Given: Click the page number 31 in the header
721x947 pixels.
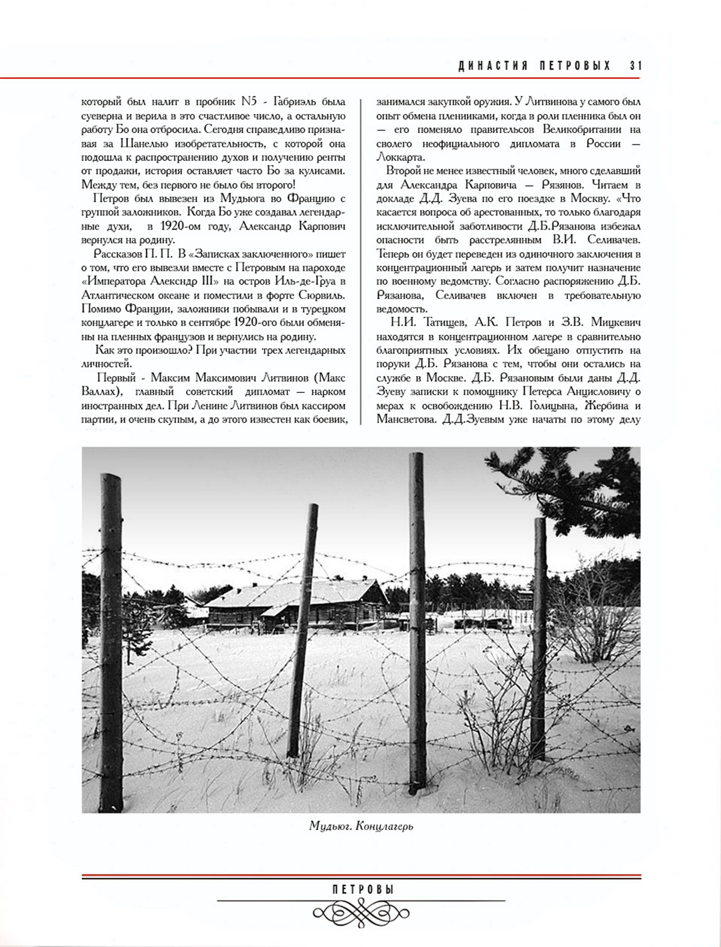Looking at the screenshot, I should coord(636,66).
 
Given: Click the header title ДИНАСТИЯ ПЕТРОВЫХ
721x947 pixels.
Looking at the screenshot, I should coord(534,66).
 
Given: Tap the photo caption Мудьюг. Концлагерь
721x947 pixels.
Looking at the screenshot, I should coord(361,826).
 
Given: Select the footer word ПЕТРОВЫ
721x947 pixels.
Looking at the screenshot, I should coord(363,890).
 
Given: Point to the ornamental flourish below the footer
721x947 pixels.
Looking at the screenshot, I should coord(361,911).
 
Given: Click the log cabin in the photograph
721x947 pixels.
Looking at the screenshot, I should coord(297,607).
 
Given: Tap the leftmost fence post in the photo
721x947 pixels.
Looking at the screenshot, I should coord(112,639).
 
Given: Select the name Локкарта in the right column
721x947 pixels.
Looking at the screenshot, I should coord(401,158).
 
